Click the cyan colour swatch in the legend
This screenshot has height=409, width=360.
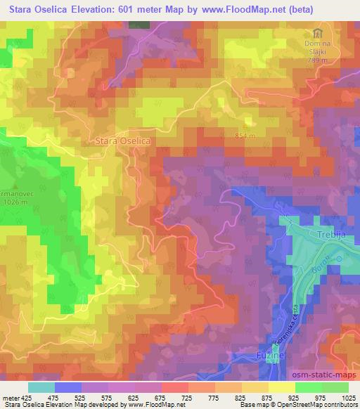click(x=41, y=387)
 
